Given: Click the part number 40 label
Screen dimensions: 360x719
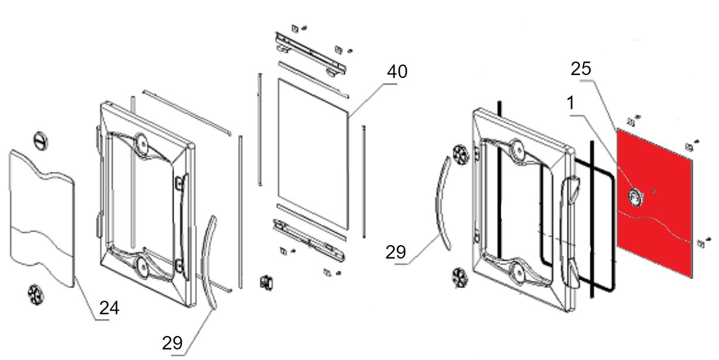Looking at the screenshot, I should coord(397,72).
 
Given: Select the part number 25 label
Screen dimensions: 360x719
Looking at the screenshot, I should coord(581,69).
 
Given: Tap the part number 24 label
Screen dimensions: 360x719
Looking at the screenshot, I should coord(110,308).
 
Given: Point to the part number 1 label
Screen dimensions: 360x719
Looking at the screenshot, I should coord(570,104).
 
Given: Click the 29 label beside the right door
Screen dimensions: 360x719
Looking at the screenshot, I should coord(396,252).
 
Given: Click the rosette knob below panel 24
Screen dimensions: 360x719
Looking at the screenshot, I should coord(37,293).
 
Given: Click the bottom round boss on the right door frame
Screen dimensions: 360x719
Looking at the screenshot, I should coord(518,271).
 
